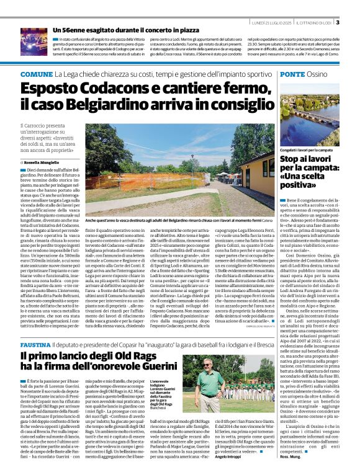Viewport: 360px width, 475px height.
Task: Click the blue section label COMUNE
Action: [x=37, y=74]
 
